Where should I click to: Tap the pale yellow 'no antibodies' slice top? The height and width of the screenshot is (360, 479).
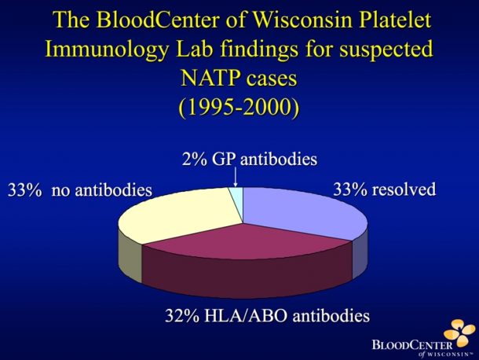pyautogui.click(x=181, y=214)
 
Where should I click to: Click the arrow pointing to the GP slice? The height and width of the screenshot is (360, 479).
pyautogui.click(x=236, y=177)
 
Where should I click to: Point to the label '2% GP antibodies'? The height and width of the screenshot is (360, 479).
pyautogui.click(x=249, y=159)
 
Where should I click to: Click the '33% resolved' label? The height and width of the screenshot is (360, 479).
pyautogui.click(x=384, y=189)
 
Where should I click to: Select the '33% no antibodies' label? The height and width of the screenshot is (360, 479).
pyautogui.click(x=80, y=190)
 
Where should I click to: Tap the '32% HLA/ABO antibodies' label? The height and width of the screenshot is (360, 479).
pyautogui.click(x=267, y=316)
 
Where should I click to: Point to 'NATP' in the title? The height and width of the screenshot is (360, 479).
pyautogui.click(x=210, y=78)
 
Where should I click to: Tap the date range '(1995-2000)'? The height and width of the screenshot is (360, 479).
pyautogui.click(x=239, y=108)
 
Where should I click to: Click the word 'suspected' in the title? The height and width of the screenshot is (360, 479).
pyautogui.click(x=386, y=50)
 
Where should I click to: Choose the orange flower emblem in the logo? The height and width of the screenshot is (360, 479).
pyautogui.click(x=459, y=332)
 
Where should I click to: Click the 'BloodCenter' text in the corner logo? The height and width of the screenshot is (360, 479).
pyautogui.click(x=412, y=345)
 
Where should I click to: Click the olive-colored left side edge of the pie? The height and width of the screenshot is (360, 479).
pyautogui.click(x=130, y=255)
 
